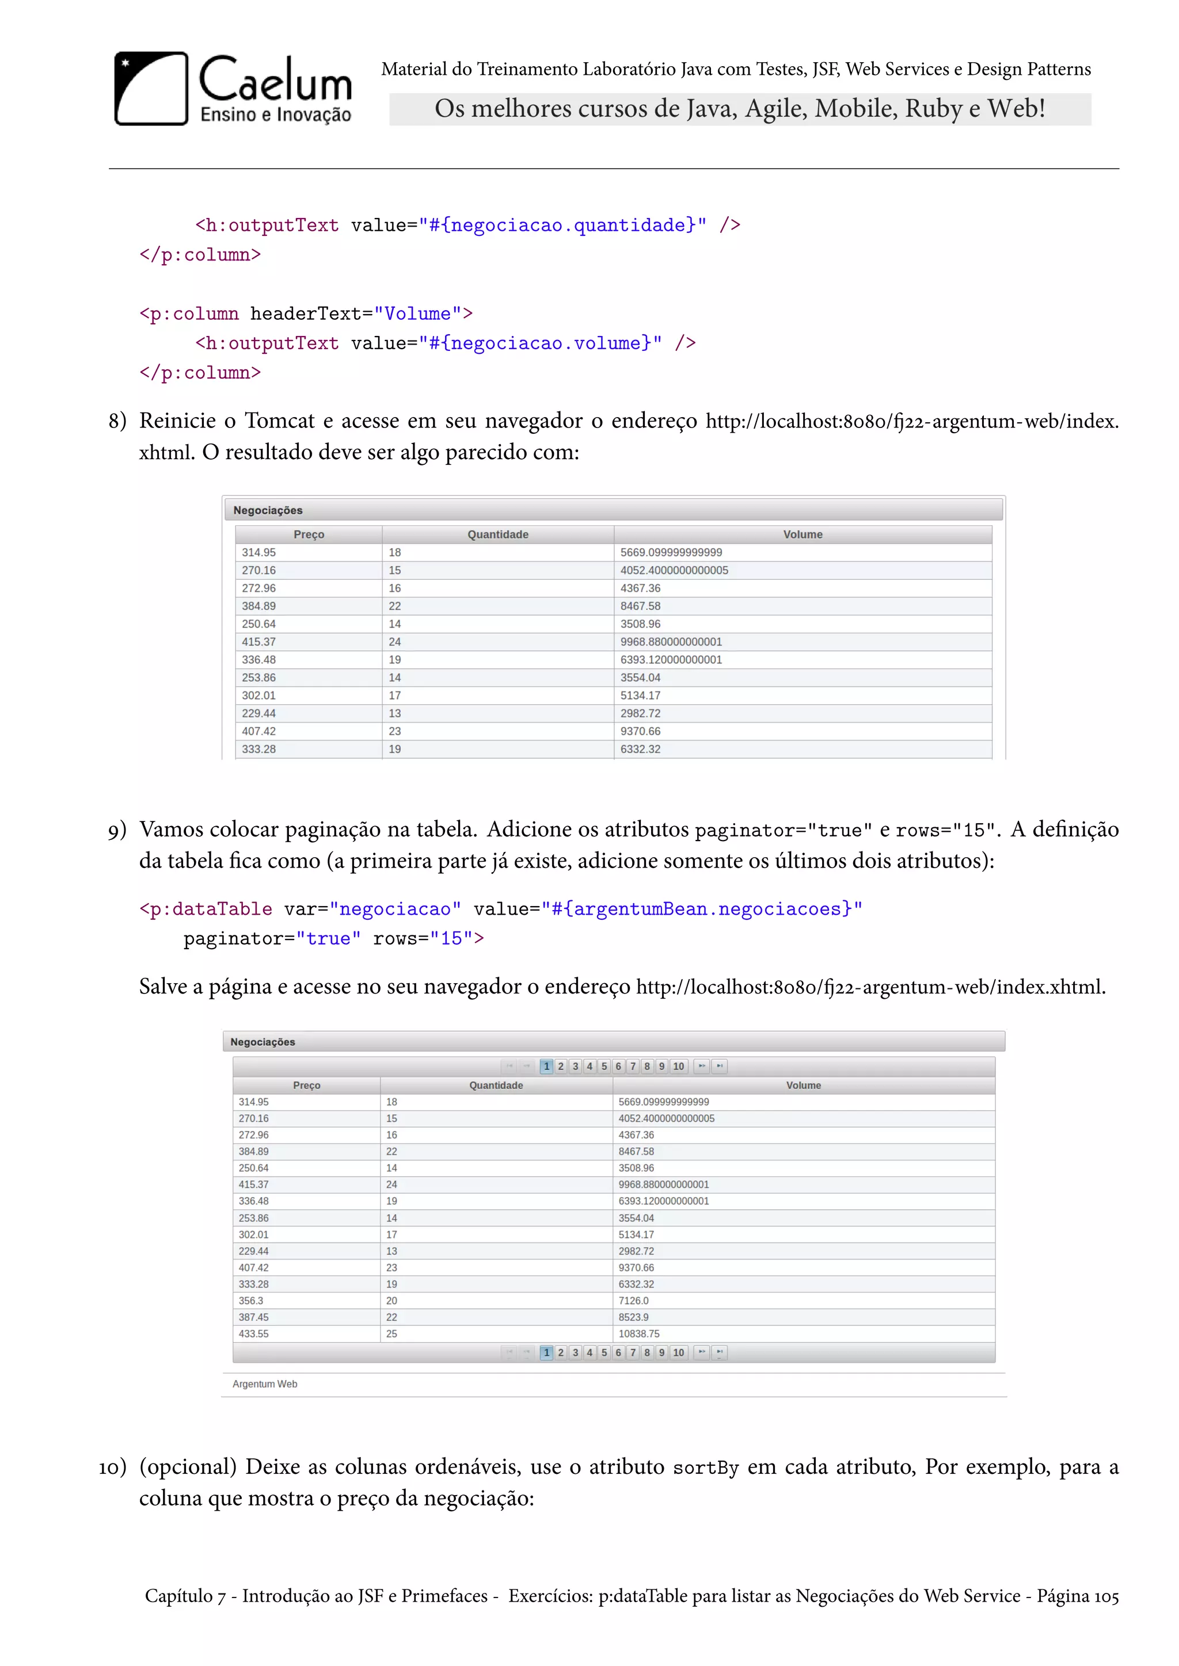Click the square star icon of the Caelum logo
(151, 89)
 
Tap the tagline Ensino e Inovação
(276, 114)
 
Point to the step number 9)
(117, 830)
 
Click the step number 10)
(112, 1467)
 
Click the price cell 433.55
(253, 1333)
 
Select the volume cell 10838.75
(639, 1333)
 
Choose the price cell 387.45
(253, 1317)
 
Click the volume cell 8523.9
(633, 1317)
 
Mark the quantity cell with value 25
(391, 1333)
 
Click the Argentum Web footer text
(265, 1384)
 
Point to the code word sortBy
(706, 1468)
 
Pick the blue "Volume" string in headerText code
(417, 314)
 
